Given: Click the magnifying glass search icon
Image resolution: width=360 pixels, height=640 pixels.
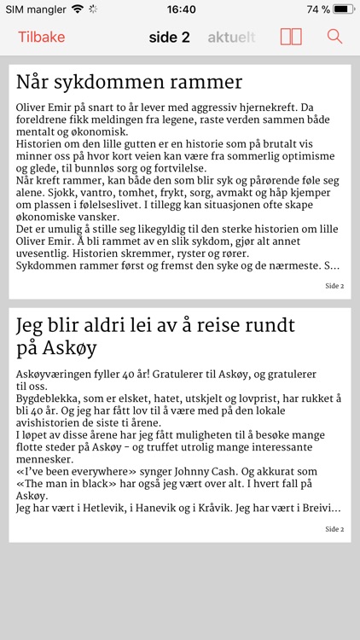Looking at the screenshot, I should tap(334, 37).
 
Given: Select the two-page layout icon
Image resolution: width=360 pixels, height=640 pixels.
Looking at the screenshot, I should tap(291, 37).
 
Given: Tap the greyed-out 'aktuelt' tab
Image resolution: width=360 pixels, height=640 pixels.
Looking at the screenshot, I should tap(231, 37).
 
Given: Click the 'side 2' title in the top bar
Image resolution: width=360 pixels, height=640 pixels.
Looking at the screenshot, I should tap(169, 37).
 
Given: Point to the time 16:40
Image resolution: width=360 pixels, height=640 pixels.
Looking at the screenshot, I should tap(181, 9).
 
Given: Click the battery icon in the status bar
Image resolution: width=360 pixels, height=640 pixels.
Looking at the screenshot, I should tap(344, 9).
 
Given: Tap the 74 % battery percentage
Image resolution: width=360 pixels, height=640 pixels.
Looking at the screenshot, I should tap(318, 9).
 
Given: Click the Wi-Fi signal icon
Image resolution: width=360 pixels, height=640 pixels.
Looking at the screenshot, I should tap(78, 9).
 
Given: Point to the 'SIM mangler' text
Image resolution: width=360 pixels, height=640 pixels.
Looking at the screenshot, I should tap(34, 9).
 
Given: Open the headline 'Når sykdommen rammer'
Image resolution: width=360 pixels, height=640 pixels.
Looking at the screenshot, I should tap(129, 83).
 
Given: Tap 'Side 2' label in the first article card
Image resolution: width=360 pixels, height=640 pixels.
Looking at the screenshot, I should tap(334, 286).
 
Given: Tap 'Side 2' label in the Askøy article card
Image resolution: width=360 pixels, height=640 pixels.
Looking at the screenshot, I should tap(334, 529).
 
